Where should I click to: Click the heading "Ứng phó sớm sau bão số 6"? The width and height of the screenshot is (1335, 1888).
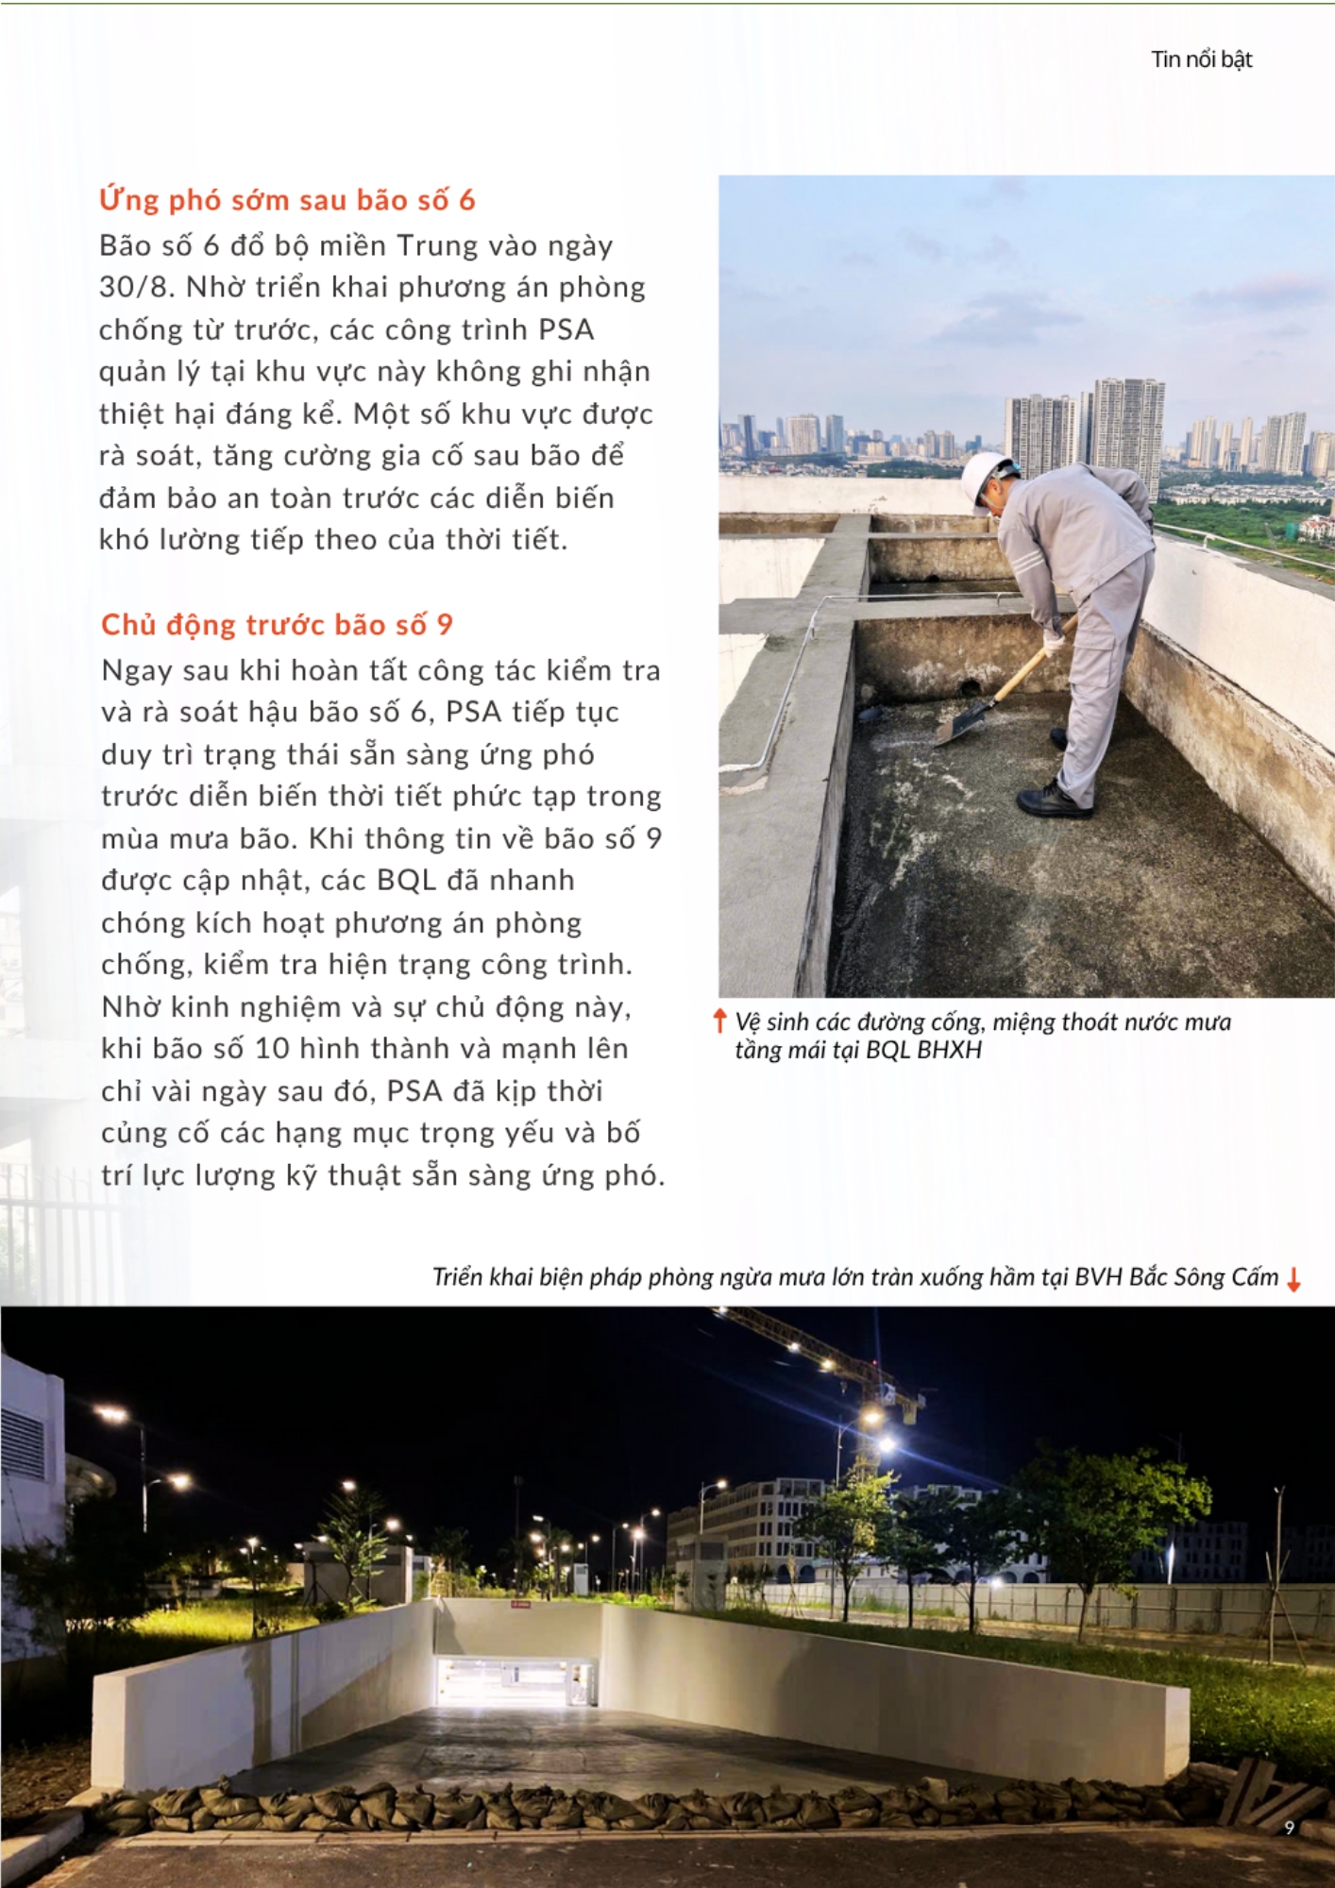[287, 200]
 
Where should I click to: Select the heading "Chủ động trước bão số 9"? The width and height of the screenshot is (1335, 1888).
[277, 625]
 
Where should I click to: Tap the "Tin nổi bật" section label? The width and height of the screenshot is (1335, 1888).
[1201, 59]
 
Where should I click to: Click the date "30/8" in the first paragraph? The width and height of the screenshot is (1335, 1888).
[135, 287]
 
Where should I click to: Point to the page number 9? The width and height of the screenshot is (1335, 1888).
[1290, 1828]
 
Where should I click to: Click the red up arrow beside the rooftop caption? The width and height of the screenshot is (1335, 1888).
[719, 1020]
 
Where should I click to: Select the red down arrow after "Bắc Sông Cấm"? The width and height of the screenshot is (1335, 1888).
[1294, 1279]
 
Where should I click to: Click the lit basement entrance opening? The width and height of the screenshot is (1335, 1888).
[515, 1680]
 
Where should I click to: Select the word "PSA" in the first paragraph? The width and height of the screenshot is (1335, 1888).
[566, 329]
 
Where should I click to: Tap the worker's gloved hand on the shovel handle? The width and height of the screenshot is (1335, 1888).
[1052, 643]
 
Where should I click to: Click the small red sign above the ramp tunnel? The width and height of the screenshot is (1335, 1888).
[519, 1603]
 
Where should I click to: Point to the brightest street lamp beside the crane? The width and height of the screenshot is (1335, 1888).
[887, 1443]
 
